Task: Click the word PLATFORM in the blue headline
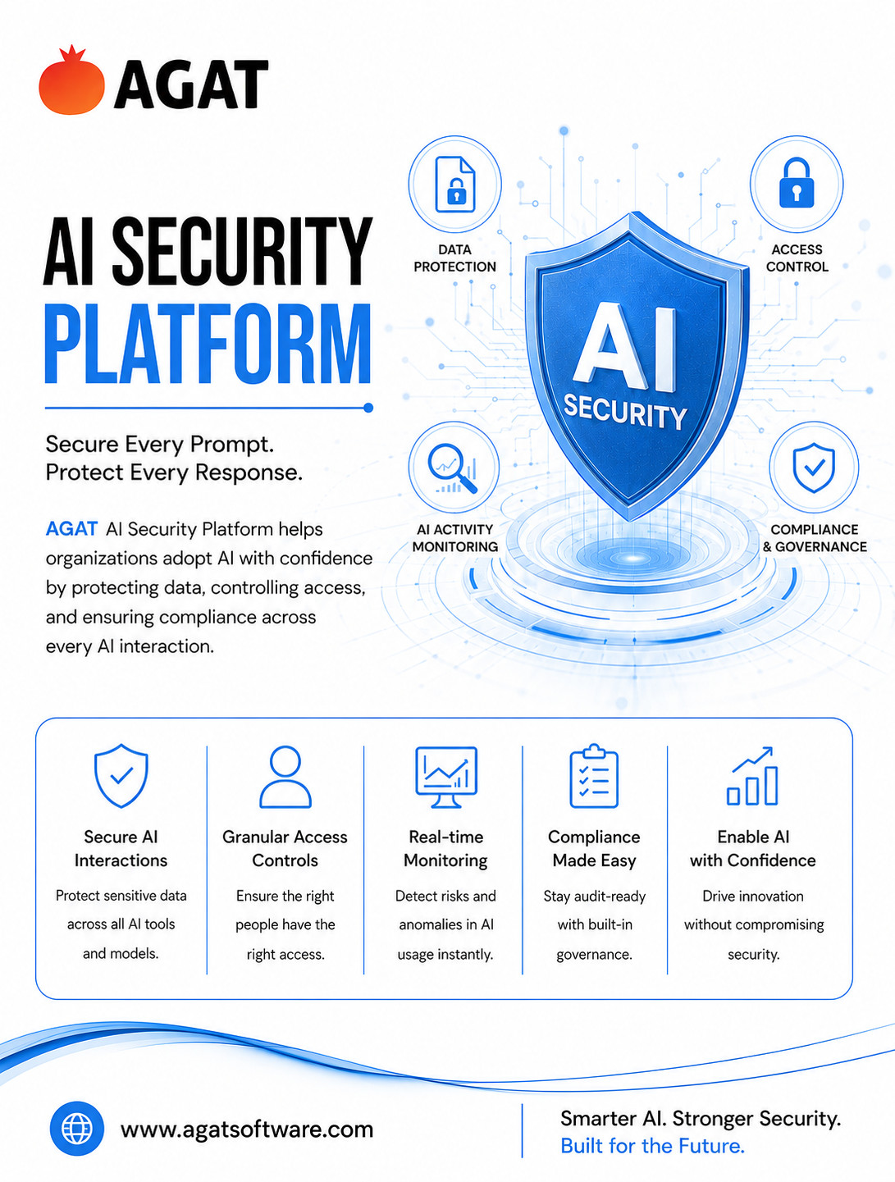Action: (208, 344)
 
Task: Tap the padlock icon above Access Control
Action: (797, 183)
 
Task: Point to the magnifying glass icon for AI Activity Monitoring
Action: (452, 468)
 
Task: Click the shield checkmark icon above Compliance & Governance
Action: (814, 468)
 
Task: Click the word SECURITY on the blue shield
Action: (624, 412)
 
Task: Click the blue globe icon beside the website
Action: (77, 1128)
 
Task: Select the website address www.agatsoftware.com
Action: (247, 1130)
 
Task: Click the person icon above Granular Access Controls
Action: (285, 777)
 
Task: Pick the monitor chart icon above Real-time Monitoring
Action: (446, 777)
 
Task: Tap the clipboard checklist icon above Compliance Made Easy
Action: (594, 776)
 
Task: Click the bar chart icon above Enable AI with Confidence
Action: (752, 776)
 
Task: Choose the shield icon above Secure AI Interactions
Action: (121, 776)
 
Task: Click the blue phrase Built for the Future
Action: (653, 1145)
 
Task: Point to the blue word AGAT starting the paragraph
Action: (71, 529)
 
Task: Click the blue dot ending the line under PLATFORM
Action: (368, 408)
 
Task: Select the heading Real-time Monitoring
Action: (446, 848)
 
